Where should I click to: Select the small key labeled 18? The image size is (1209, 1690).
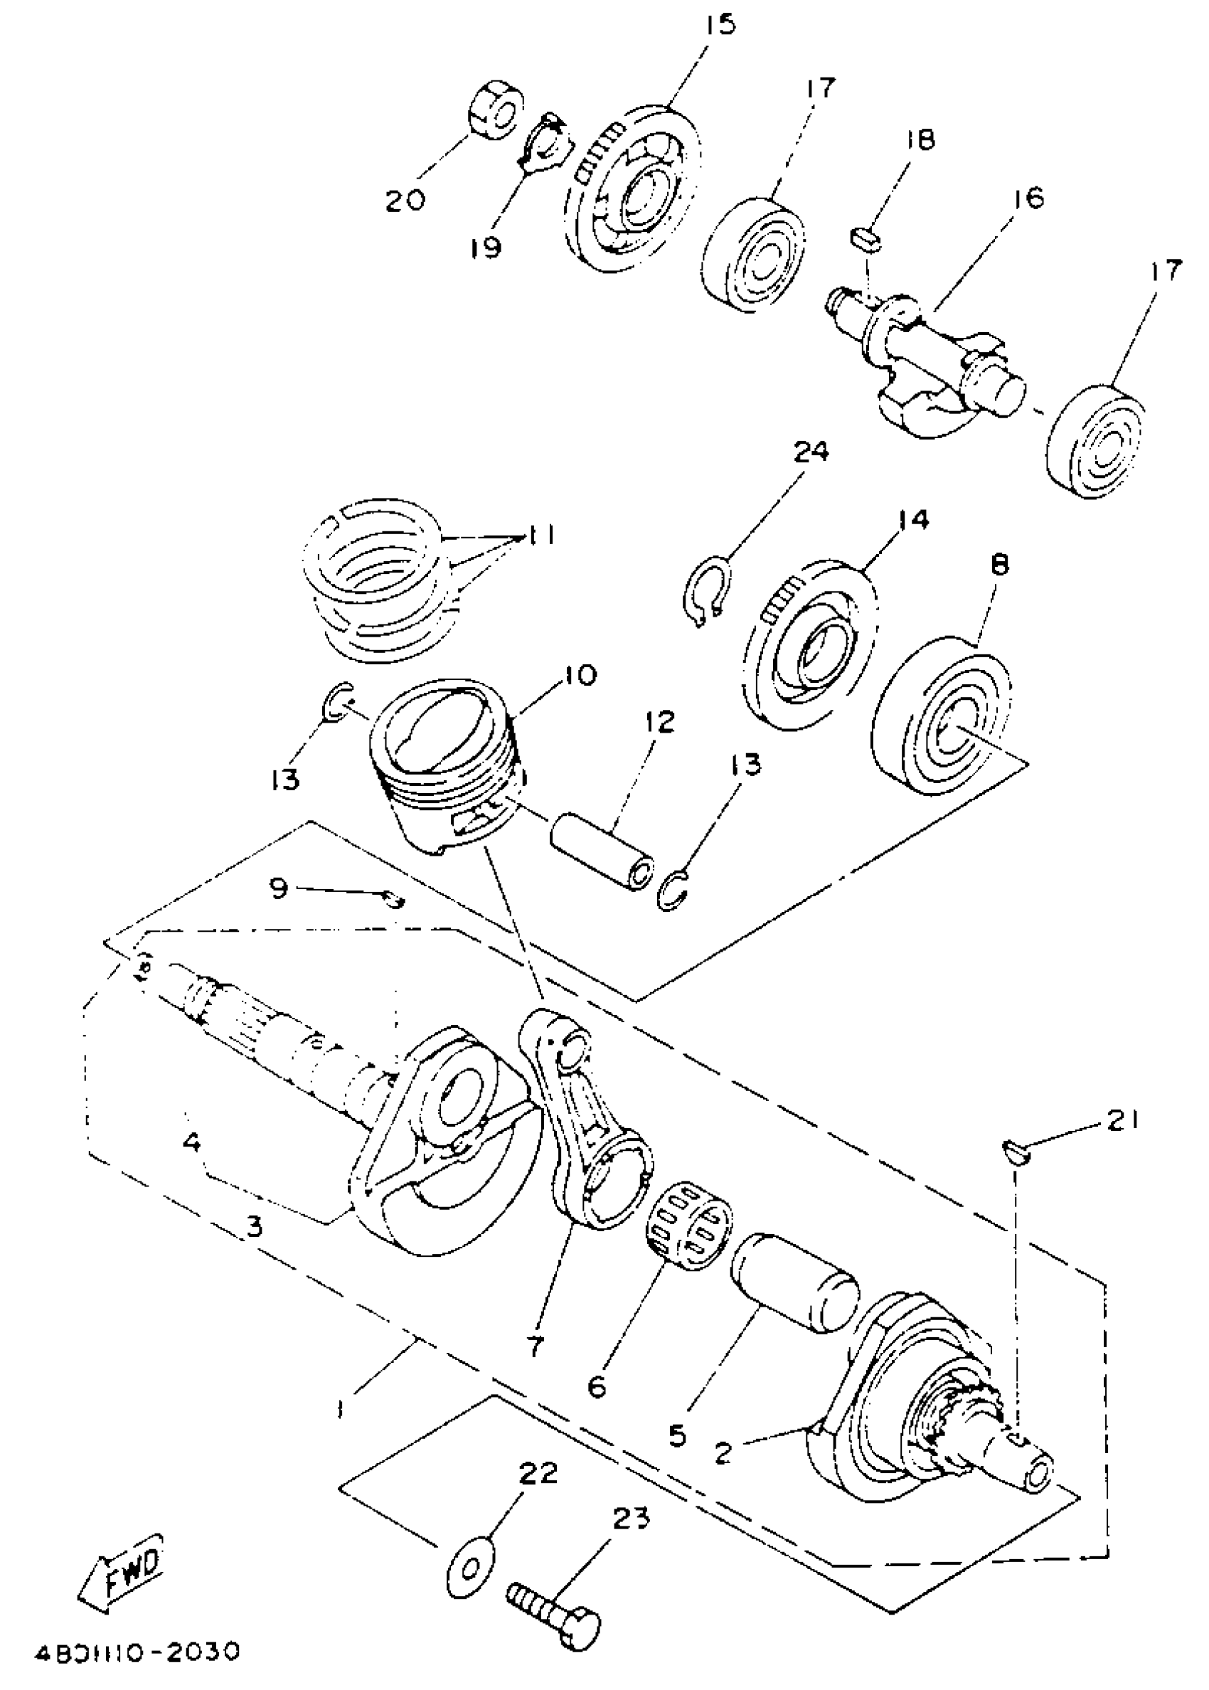point(866,239)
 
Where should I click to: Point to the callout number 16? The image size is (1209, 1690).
point(1028,198)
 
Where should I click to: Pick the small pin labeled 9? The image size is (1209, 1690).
point(393,901)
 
